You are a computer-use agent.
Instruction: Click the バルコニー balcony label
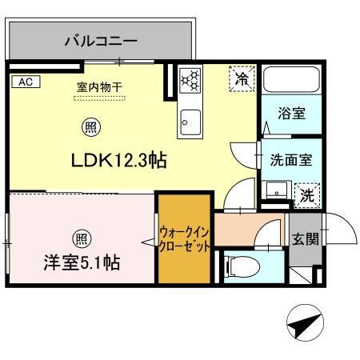tap(101, 41)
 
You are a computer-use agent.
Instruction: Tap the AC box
tap(26, 82)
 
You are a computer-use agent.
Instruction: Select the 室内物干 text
tap(99, 87)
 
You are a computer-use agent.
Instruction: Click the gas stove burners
tap(190, 80)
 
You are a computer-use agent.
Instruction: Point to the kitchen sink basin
tap(190, 122)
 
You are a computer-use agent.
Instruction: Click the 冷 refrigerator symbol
tap(242, 78)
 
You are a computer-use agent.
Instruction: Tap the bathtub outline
tap(291, 80)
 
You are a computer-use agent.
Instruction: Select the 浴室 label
tap(291, 114)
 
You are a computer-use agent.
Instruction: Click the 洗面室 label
tap(291, 160)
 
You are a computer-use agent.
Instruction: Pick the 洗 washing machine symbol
tap(307, 195)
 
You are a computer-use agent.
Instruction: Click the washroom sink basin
tap(277, 190)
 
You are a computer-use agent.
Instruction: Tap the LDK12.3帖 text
tap(119, 160)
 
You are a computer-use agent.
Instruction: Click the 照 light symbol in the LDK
tap(91, 127)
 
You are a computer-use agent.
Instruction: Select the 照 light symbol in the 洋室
tap(82, 239)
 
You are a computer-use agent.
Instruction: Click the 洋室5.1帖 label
tap(82, 262)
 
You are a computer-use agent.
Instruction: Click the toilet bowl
tap(242, 266)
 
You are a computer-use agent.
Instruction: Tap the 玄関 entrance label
tap(306, 239)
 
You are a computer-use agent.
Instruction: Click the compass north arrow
tap(306, 322)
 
